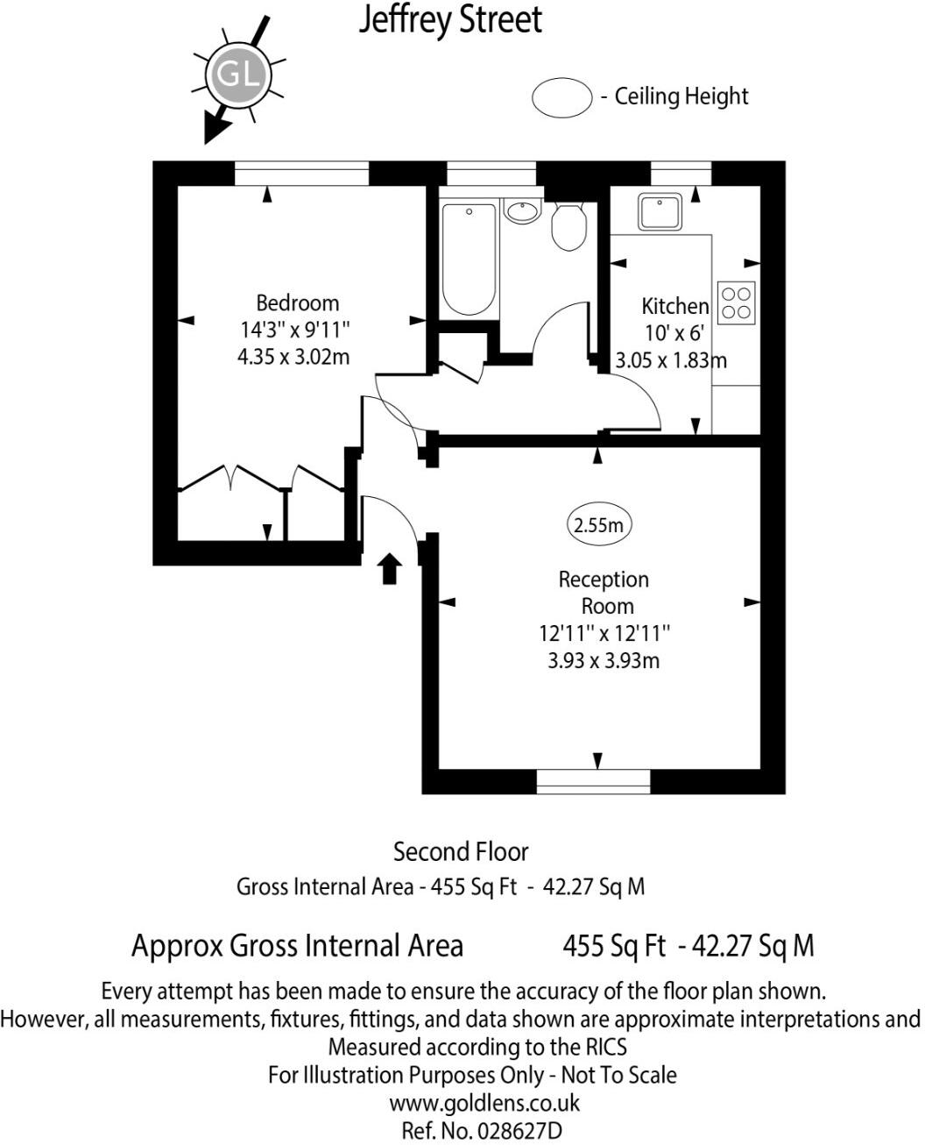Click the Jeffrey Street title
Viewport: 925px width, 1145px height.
(x=450, y=20)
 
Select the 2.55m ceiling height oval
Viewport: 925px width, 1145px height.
(x=599, y=525)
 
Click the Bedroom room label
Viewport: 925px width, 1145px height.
(x=297, y=303)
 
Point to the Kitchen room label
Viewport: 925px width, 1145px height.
(x=674, y=306)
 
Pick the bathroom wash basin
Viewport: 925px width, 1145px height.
(x=522, y=211)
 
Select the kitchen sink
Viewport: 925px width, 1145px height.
(x=660, y=211)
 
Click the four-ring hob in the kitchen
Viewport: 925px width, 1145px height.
(x=736, y=302)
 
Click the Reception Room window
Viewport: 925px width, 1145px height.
(x=593, y=780)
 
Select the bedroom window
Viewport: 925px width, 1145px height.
(x=301, y=173)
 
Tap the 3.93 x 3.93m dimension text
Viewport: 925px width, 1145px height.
(x=604, y=660)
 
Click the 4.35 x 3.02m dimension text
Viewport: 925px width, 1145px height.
(x=293, y=357)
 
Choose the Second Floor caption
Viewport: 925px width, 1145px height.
(x=461, y=851)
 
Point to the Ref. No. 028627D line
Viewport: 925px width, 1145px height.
(x=481, y=1130)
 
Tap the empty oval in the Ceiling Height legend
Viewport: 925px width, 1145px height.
(x=561, y=96)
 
